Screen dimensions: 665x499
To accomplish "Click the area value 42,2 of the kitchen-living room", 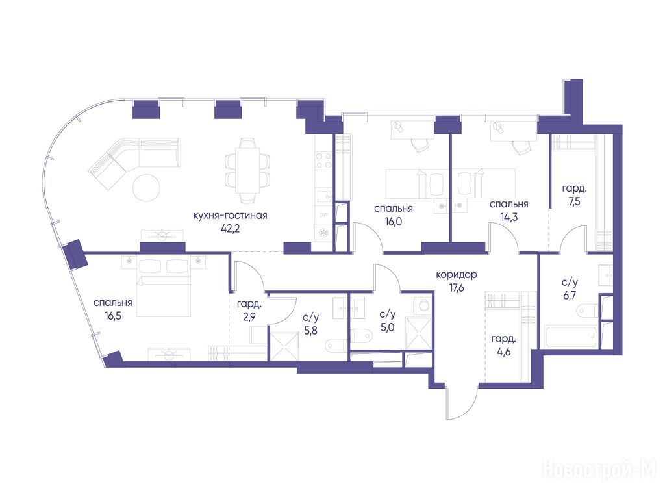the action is [231, 229].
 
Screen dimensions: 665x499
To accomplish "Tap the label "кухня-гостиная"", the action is [231, 216].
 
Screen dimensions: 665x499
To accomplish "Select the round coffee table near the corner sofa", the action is [146, 188].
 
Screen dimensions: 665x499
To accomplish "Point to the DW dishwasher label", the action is [323, 215].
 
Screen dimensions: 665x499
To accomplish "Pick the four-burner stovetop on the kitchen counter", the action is [324, 161].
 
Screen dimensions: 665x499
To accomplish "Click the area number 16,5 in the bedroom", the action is [112, 316].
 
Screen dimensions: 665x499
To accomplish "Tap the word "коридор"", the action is [457, 275].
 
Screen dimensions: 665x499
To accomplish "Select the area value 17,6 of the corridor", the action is [457, 288].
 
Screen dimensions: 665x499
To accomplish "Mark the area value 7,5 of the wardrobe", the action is [575, 201].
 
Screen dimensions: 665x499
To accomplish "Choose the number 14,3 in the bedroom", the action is [509, 217].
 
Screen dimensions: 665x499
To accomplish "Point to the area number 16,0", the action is [393, 222].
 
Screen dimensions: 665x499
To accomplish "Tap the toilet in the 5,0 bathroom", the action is [360, 336].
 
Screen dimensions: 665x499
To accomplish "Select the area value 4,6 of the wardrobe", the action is [503, 352].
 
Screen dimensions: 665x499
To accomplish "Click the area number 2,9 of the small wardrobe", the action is [249, 317].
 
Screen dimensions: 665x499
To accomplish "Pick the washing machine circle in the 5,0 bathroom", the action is [422, 305].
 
